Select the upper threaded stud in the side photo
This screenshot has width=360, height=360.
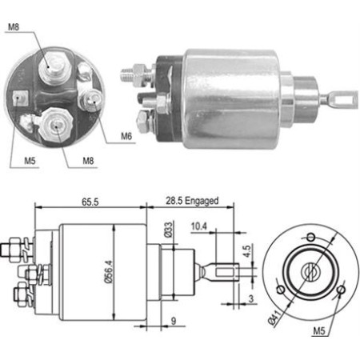point(132,74)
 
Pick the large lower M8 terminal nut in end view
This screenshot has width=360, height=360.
point(57,125)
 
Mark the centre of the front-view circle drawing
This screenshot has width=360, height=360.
point(309,271)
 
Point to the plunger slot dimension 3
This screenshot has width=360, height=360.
point(252,298)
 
